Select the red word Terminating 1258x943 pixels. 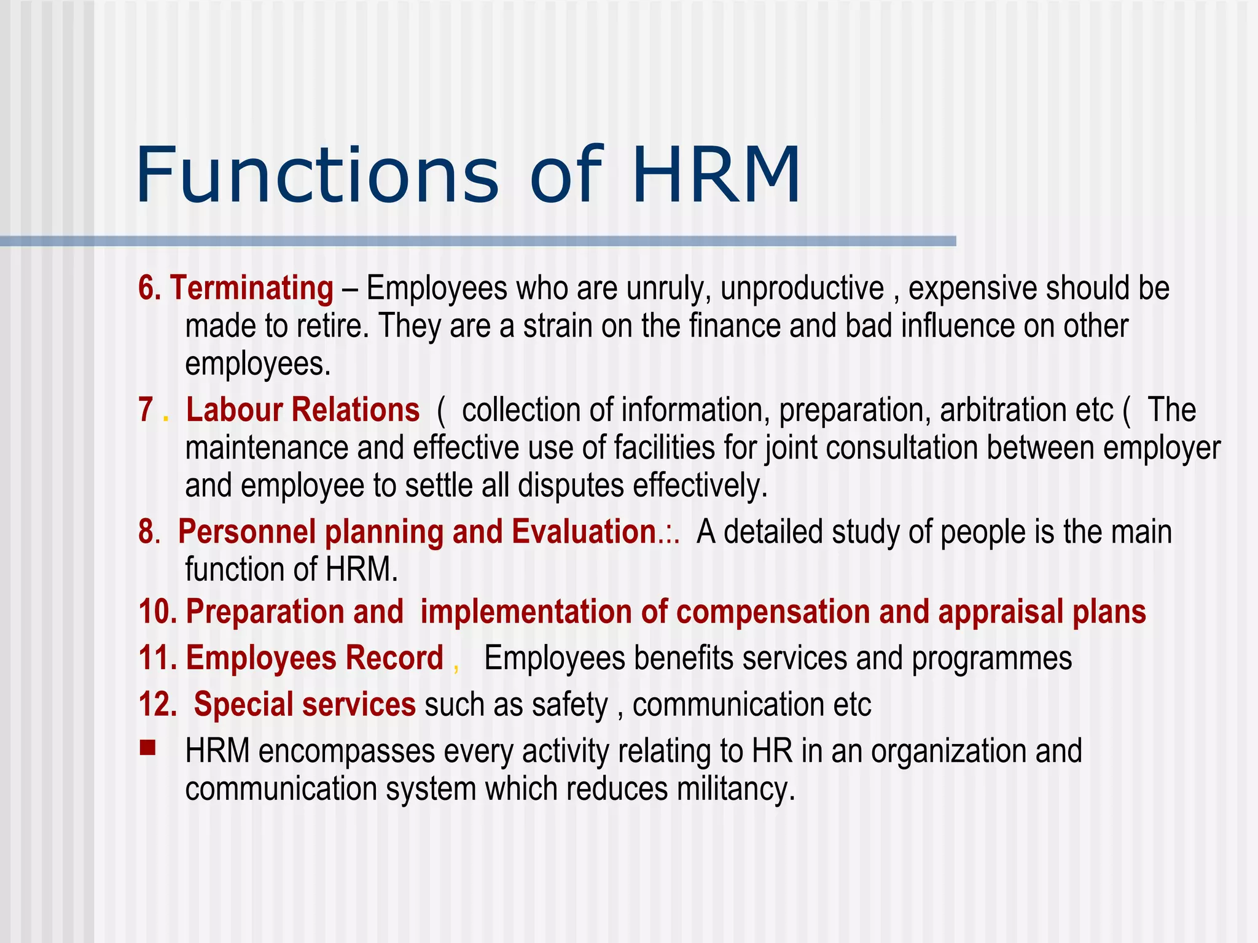252,288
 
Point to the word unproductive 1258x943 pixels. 802,289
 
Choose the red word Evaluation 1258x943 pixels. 584,532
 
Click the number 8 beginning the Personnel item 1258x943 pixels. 147,532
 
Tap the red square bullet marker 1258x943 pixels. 147,748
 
